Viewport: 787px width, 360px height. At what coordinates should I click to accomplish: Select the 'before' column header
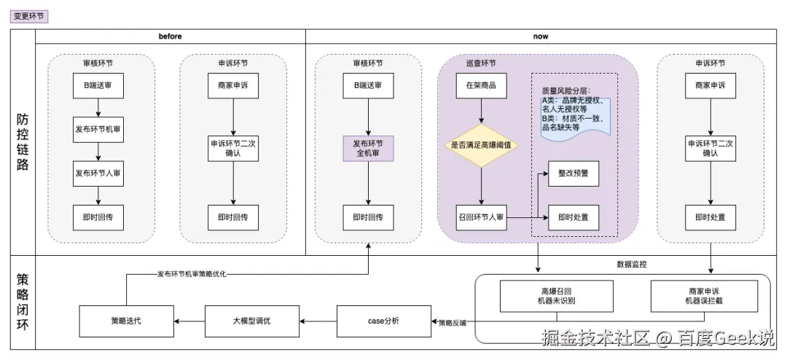tap(171, 36)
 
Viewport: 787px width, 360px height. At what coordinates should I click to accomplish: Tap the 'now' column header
tap(541, 36)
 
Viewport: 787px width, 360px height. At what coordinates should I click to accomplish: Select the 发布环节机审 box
tap(98, 130)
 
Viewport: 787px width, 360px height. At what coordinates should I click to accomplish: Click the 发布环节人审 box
tap(98, 173)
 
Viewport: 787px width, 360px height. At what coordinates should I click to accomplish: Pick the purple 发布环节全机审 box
tap(368, 149)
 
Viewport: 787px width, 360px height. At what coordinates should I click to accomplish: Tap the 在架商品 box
tap(481, 86)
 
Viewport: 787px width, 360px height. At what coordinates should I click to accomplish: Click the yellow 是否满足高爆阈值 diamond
tap(481, 145)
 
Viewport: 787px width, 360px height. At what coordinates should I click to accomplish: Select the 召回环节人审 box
tap(481, 217)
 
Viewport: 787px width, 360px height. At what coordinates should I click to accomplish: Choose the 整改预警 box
tap(573, 173)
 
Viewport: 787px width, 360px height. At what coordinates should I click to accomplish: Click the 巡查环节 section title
tap(481, 63)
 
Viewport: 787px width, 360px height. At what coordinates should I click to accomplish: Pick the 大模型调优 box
tap(252, 321)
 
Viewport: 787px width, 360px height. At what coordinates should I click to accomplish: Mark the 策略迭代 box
tap(127, 321)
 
